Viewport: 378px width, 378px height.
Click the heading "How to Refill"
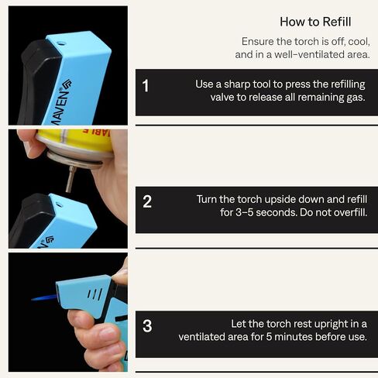[315, 22]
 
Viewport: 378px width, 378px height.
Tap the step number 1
[146, 85]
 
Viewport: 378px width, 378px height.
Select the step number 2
[147, 201]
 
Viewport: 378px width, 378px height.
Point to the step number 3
[147, 326]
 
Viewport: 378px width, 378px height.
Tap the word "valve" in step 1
[222, 97]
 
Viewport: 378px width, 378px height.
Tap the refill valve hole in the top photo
[61, 43]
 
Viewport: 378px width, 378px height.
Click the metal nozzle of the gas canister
[70, 179]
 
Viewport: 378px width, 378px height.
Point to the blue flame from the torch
[44, 298]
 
